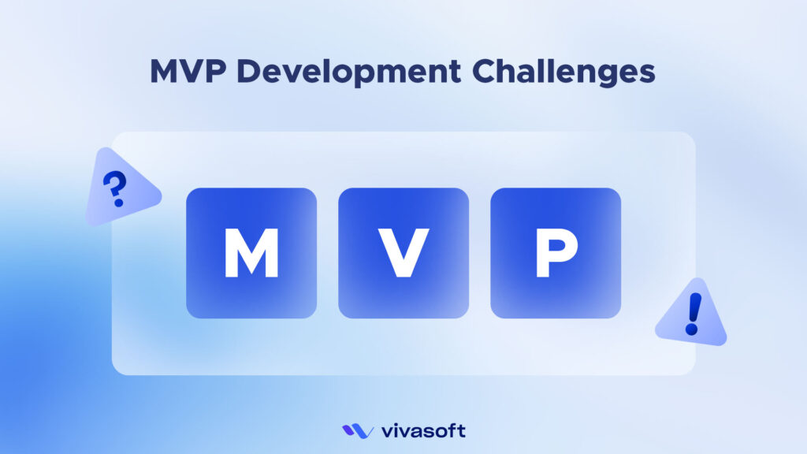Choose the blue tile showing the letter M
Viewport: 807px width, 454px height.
pyautogui.click(x=251, y=253)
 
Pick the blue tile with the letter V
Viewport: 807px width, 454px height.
pyautogui.click(x=403, y=253)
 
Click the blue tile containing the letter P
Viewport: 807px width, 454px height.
pyautogui.click(x=556, y=253)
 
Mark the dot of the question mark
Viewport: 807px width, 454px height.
pyautogui.click(x=119, y=203)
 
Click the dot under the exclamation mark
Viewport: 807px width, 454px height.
pyautogui.click(x=692, y=330)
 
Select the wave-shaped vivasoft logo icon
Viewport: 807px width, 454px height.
pyautogui.click(x=358, y=431)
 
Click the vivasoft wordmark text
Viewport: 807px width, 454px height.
pyautogui.click(x=423, y=431)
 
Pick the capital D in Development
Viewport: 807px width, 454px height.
pyautogui.click(x=247, y=71)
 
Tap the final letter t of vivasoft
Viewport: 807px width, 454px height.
pyautogui.click(x=461, y=431)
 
